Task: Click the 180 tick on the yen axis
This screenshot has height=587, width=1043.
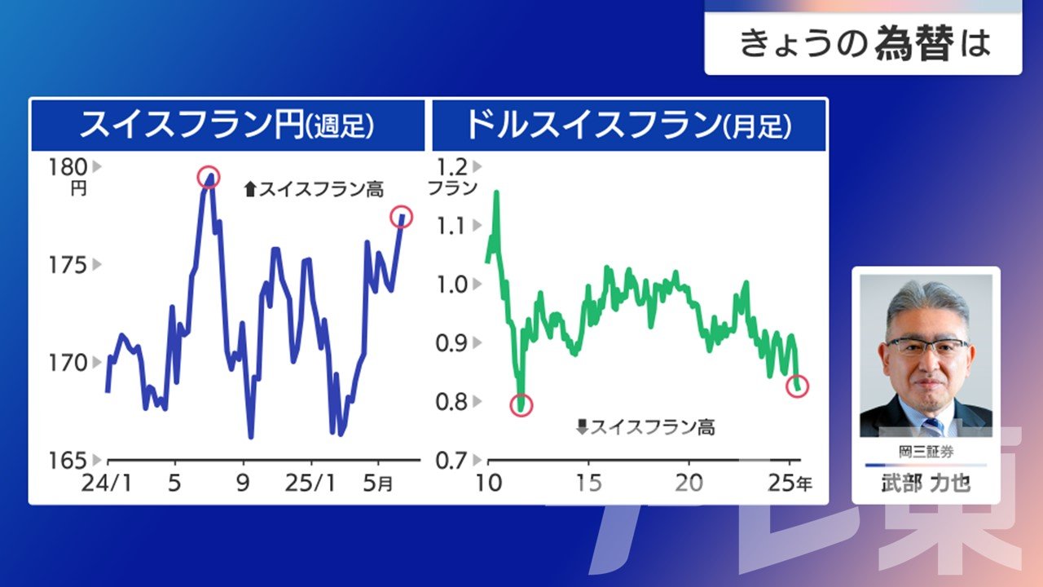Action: point(68,167)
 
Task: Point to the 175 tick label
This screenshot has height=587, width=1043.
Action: point(68,265)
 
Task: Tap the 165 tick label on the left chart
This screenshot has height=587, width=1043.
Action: point(68,461)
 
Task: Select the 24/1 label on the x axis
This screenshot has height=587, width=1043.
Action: point(107,483)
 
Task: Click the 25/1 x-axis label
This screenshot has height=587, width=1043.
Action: point(310,483)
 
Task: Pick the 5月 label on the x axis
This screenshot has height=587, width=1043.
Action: point(377,483)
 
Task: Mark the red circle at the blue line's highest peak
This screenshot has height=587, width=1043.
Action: point(208,177)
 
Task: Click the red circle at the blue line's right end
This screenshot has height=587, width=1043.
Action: point(402,217)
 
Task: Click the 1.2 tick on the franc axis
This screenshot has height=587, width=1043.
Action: point(451,167)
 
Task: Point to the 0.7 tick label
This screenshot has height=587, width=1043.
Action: point(451,461)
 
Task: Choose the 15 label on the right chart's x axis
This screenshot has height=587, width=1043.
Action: point(588,483)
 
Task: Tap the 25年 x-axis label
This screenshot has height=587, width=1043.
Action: point(790,483)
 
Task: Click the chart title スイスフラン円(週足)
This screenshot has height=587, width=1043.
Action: point(227,125)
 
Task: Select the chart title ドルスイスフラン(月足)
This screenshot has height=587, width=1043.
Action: point(629,125)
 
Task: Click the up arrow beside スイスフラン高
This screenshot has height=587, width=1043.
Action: point(250,189)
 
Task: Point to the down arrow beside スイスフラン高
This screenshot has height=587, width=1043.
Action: point(583,426)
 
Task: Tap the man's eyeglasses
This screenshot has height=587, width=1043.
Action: point(926,346)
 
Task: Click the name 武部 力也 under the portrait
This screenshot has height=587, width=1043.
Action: point(926,483)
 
